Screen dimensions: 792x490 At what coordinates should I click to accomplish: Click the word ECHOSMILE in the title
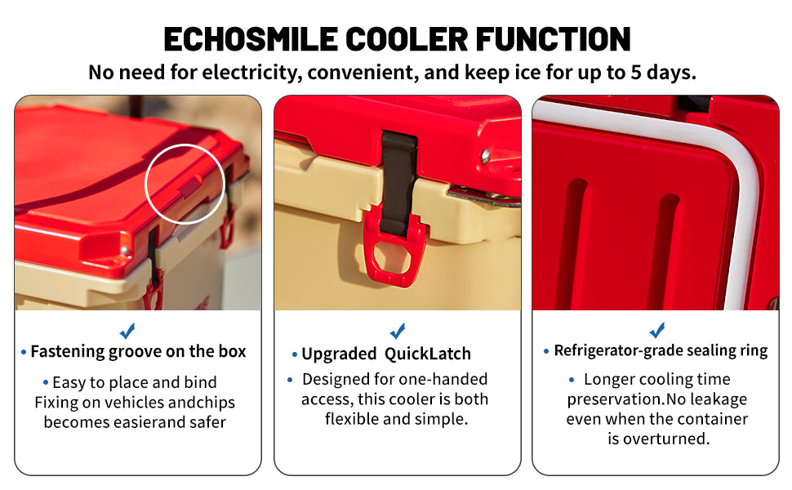(251, 39)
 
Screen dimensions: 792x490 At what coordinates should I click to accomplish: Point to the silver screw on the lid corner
(486, 156)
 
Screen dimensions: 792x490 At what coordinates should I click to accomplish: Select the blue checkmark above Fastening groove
(127, 331)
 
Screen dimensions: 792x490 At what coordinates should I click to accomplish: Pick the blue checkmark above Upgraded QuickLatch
(398, 331)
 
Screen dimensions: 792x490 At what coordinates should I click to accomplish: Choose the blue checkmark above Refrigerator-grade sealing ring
(656, 331)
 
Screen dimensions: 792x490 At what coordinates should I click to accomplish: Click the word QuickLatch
(427, 354)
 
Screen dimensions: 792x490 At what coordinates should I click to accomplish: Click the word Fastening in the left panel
(67, 352)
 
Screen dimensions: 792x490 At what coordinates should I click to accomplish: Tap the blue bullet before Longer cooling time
(572, 380)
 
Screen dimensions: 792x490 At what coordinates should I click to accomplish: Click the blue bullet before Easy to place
(46, 382)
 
